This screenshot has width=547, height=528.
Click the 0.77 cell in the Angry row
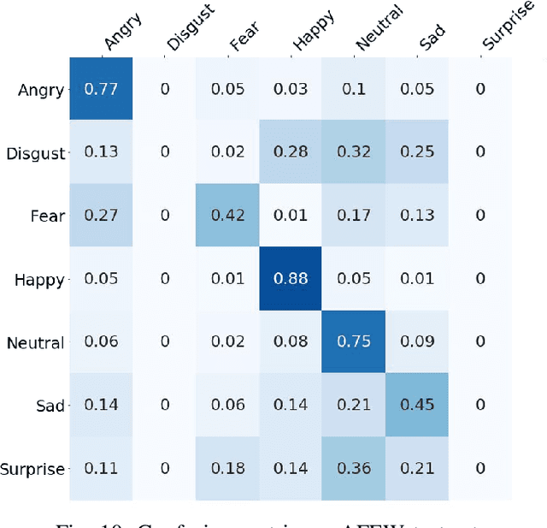click(x=101, y=90)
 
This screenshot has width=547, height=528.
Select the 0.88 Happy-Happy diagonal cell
click(x=291, y=278)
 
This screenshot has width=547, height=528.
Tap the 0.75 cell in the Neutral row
click(x=354, y=341)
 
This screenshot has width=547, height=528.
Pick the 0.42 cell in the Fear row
click(x=227, y=216)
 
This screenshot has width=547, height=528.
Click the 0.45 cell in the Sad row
click(x=417, y=405)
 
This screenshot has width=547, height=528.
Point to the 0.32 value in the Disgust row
click(x=354, y=152)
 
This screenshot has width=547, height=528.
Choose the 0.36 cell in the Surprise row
click(x=354, y=468)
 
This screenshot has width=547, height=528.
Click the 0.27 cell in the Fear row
click(x=101, y=216)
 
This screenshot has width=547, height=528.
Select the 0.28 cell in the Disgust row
click(x=291, y=152)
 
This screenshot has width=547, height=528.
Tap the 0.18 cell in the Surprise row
click(x=227, y=468)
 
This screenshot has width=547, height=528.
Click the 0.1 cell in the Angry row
click(x=354, y=90)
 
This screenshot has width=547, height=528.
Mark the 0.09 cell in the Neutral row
click(x=417, y=341)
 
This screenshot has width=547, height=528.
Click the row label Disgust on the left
click(x=35, y=154)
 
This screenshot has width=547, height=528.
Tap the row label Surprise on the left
click(x=32, y=469)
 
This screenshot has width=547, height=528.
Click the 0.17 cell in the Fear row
click(x=354, y=216)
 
